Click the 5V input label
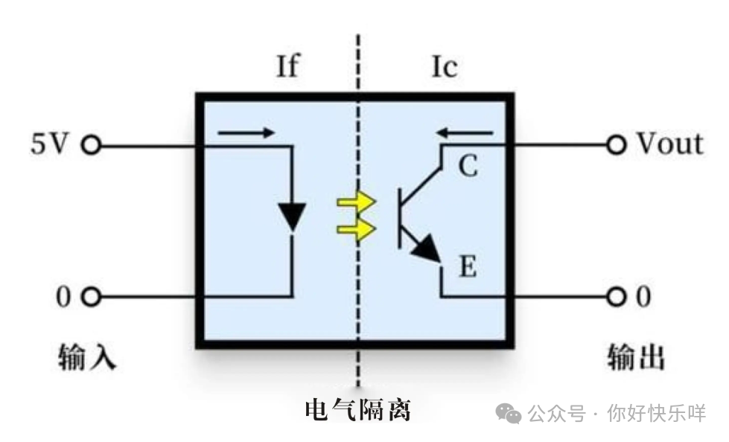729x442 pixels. [49, 144]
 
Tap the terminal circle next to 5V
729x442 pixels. [90, 145]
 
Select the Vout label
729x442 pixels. [669, 144]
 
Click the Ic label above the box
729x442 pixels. [445, 67]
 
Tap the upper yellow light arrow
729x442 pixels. [356, 202]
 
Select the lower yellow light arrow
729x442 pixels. [356, 230]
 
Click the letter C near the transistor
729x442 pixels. [467, 167]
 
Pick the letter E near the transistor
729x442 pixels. [467, 266]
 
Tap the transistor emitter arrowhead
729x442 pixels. [427, 249]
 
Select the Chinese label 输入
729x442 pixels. [88, 357]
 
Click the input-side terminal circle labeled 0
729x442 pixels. [90, 297]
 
